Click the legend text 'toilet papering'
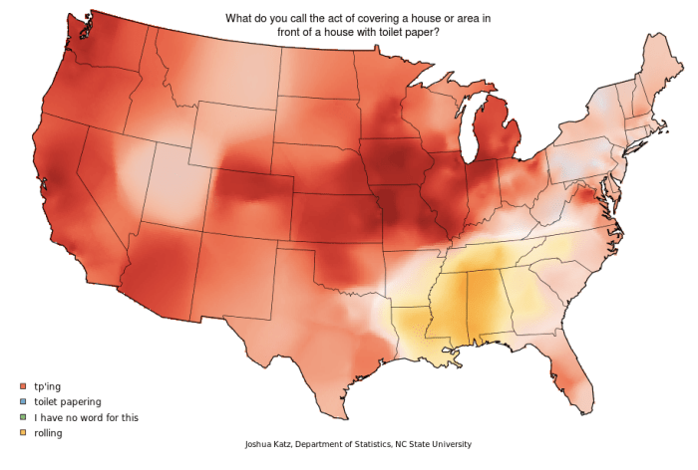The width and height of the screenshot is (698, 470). pyautogui.click(x=68, y=401)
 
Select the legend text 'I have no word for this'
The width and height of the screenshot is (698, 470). pyautogui.click(x=86, y=417)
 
